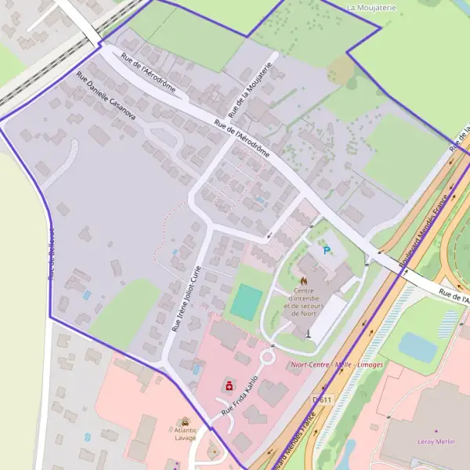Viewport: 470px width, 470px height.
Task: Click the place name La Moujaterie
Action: [x=371, y=7]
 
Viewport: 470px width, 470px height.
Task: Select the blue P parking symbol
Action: [x=327, y=251]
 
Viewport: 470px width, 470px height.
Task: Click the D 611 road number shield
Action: [x=320, y=399]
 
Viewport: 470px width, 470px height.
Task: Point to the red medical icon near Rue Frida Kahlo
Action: [x=229, y=386]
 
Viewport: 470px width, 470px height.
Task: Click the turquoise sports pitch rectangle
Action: [x=247, y=302]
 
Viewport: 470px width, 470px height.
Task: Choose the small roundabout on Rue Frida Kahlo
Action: [x=266, y=358]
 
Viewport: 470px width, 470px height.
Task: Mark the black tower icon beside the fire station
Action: [x=308, y=333]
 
